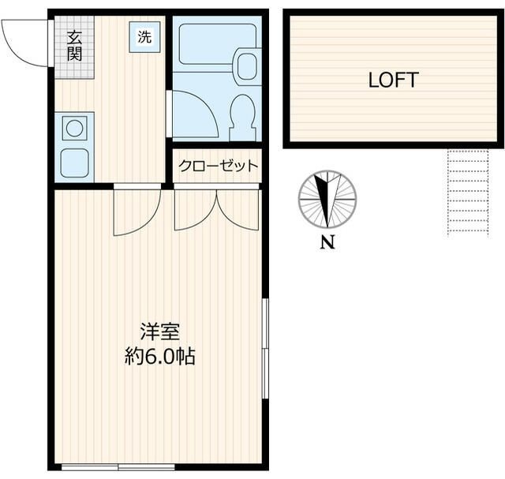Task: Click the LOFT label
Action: [393, 80]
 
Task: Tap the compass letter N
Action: [327, 243]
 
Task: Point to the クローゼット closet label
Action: [218, 166]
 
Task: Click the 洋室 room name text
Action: [159, 331]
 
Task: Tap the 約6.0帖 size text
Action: [159, 357]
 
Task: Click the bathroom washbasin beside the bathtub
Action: [246, 65]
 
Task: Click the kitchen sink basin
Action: [74, 162]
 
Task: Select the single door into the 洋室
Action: [137, 212]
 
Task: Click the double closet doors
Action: [217, 209]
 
